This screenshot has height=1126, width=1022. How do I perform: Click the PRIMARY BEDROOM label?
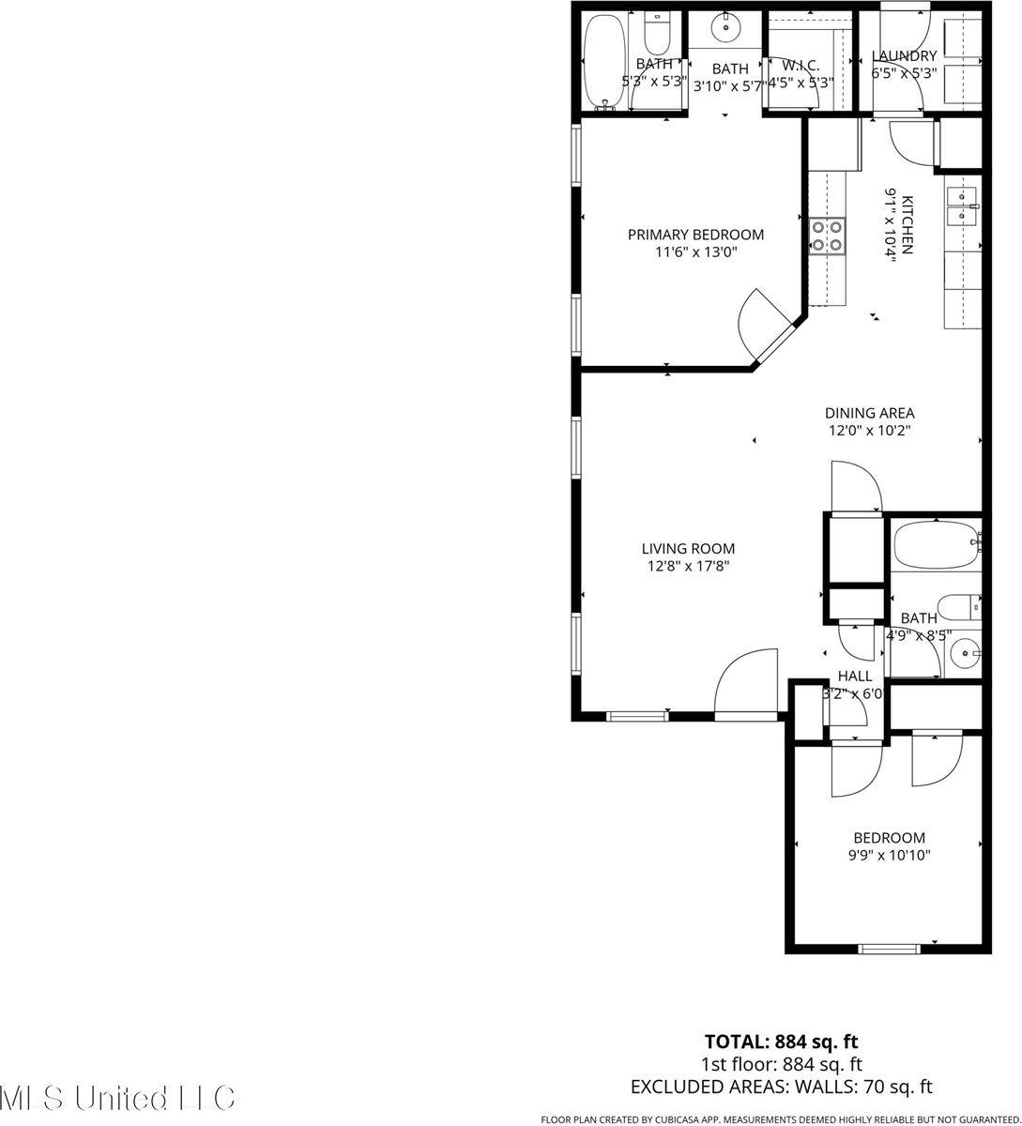[x=695, y=235]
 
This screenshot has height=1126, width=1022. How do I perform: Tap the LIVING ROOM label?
[x=688, y=549]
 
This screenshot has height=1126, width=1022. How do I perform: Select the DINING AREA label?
[x=869, y=413]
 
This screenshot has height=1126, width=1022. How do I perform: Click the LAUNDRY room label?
[x=904, y=55]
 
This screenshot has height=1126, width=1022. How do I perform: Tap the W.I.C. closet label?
[x=801, y=65]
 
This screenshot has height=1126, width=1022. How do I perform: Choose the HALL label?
[x=854, y=676]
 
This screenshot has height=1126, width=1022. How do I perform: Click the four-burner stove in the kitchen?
[x=826, y=236]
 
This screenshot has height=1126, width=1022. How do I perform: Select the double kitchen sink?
[x=963, y=206]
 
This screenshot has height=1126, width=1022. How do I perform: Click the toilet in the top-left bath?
[x=657, y=35]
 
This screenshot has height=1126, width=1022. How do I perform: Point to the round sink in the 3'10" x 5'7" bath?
[x=727, y=28]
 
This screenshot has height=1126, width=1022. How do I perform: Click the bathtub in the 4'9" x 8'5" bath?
[x=935, y=544]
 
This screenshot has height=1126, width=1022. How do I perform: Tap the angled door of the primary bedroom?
[x=774, y=333]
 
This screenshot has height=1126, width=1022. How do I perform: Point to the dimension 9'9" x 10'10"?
[x=889, y=855]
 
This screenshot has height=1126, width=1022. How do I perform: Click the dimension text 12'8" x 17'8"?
[x=688, y=566]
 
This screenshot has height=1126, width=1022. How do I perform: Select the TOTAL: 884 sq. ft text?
[x=781, y=1041]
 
